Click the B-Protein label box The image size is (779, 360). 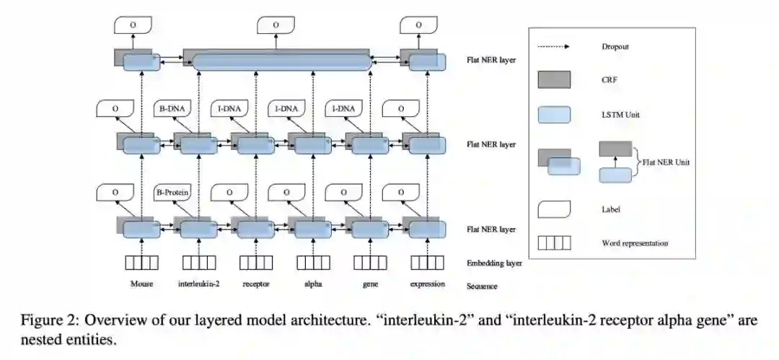coord(173,193)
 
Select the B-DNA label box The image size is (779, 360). coord(173,110)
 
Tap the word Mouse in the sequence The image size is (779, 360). coord(142,284)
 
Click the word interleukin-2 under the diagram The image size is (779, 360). coord(198,284)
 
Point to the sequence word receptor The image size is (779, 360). coord(256,284)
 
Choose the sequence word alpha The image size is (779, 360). coord(313,284)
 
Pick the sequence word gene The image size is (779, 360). coord(371,284)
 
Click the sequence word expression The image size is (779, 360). coord(428,284)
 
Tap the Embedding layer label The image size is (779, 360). coord(494,263)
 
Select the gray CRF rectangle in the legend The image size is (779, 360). coord(554,79)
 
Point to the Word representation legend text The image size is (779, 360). coord(634,243)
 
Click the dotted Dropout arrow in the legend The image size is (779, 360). coord(554,47)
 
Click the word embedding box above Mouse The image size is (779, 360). coord(141,262)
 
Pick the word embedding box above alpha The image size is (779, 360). coord(313,262)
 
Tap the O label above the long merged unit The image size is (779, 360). coord(274,25)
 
